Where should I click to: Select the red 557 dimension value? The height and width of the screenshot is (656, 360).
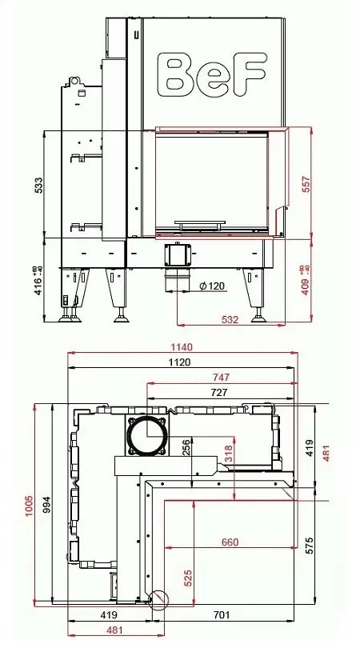click(305, 183)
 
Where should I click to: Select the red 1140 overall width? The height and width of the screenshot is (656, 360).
click(182, 347)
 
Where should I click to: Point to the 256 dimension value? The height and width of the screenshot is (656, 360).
click(186, 446)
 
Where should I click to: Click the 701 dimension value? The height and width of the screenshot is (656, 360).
click(222, 615)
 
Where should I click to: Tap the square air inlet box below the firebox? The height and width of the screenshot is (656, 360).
click(178, 255)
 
